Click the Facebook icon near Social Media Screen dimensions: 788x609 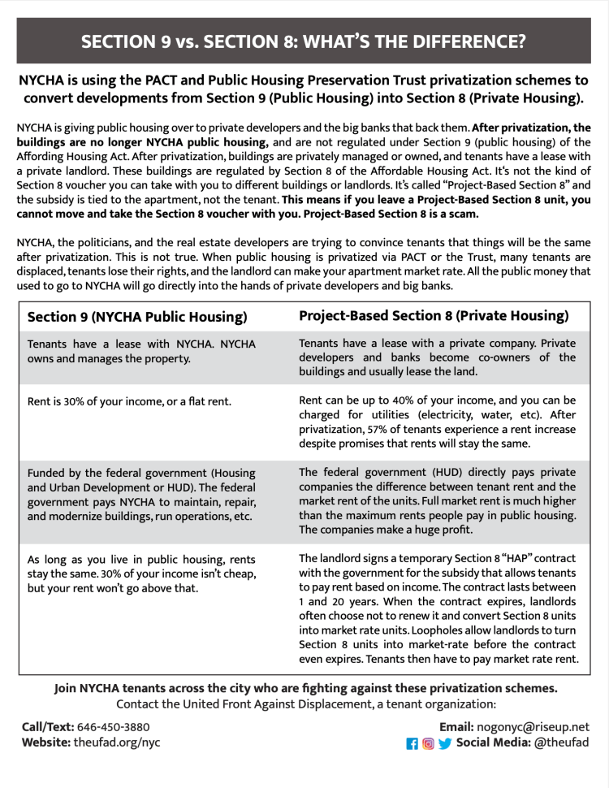(412, 743)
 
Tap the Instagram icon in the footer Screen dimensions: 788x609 (428, 743)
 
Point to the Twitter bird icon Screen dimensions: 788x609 (444, 743)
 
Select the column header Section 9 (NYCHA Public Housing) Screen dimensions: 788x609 (137, 317)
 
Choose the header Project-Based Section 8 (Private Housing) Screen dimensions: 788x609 (434, 315)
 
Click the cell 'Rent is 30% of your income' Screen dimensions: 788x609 (129, 401)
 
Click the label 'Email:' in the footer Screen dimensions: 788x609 (461, 726)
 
